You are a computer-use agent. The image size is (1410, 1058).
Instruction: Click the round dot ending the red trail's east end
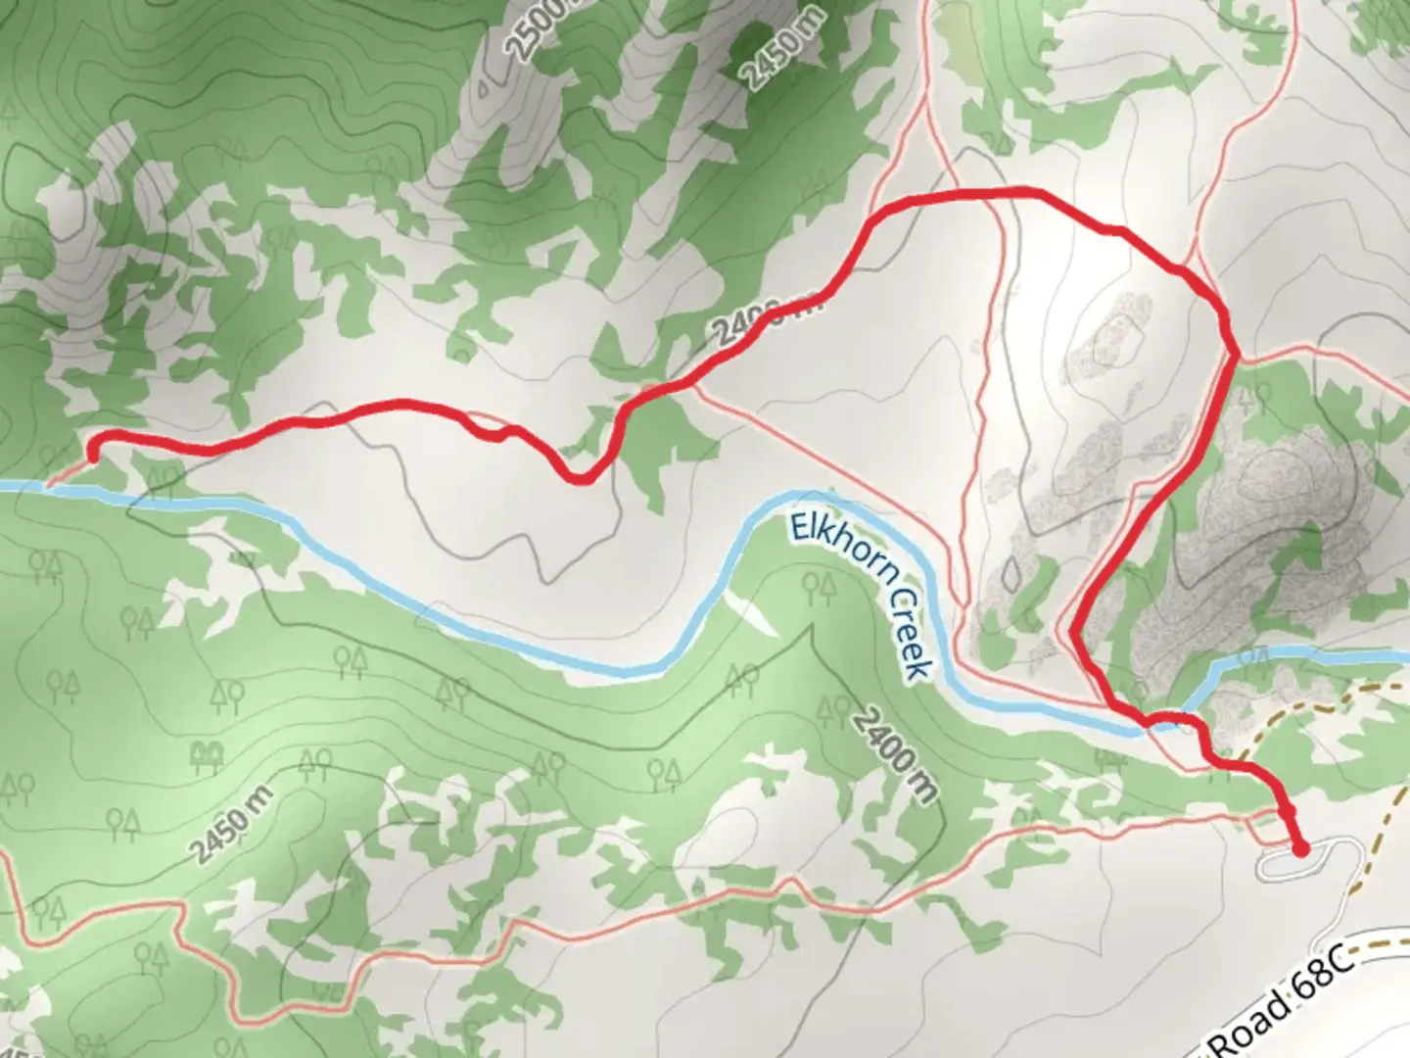[x=1300, y=848]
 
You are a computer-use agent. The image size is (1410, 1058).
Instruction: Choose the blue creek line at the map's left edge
[x=20, y=486]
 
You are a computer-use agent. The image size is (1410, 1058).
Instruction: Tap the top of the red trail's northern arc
[x=989, y=194]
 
